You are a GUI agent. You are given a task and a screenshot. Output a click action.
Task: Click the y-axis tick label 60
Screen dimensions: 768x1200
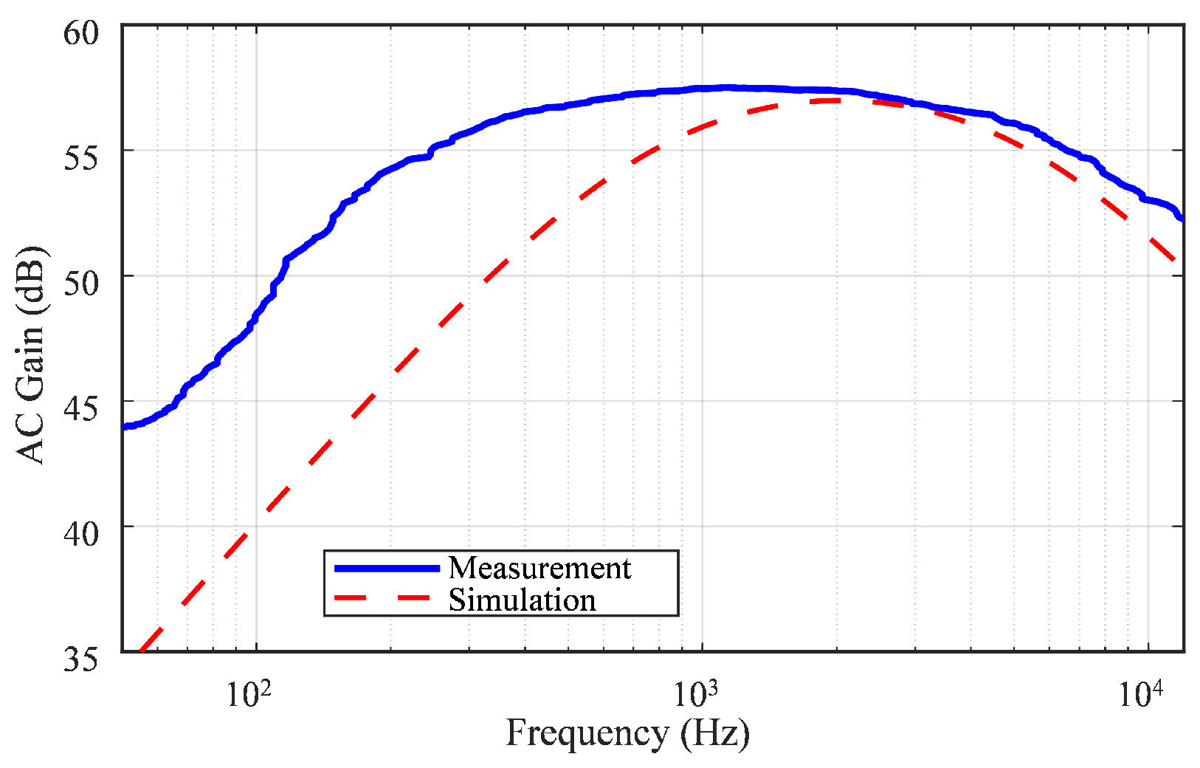[80, 33]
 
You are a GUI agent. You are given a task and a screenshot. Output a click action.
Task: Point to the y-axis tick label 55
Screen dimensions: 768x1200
[80, 157]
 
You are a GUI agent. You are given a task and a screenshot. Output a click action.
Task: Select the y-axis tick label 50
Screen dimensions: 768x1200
[80, 283]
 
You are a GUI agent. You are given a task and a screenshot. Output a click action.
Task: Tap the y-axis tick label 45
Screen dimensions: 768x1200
[80, 408]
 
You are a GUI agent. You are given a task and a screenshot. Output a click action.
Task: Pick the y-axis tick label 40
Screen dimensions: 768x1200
[80, 533]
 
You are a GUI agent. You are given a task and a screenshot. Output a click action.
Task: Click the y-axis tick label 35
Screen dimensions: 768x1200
[80, 659]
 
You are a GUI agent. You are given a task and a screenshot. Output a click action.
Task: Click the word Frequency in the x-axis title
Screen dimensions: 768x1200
[587, 733]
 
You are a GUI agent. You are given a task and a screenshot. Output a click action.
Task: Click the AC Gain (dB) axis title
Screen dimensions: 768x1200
[31, 354]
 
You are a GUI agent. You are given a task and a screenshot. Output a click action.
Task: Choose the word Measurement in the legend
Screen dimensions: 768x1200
[539, 568]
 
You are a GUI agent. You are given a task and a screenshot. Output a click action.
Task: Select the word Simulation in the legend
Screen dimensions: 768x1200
[522, 600]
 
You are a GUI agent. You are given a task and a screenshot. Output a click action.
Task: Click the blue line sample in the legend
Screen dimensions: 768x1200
[387, 568]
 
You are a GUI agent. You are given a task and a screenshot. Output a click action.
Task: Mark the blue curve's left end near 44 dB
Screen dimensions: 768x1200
[125, 426]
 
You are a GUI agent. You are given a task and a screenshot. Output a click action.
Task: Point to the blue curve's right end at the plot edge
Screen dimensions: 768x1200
[1182, 218]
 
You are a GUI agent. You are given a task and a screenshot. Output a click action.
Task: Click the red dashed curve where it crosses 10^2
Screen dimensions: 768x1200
[256, 524]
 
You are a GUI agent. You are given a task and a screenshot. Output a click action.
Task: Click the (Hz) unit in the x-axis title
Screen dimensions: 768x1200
[715, 733]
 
